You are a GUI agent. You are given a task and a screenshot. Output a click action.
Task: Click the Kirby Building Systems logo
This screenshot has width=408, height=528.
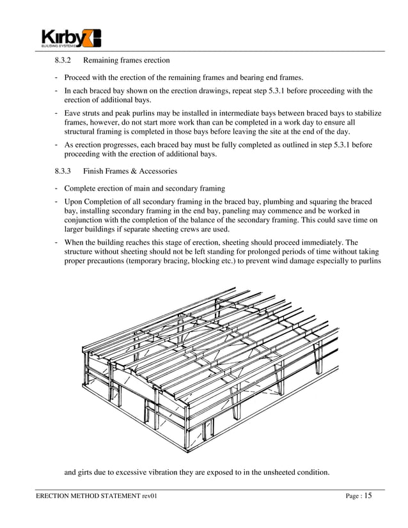(71, 38)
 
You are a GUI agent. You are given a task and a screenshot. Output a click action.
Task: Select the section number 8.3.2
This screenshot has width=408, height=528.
(65, 61)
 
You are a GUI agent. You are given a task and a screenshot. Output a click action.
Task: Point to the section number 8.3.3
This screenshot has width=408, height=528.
(65, 171)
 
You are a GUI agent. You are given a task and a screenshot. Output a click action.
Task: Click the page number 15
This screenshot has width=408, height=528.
(368, 496)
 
